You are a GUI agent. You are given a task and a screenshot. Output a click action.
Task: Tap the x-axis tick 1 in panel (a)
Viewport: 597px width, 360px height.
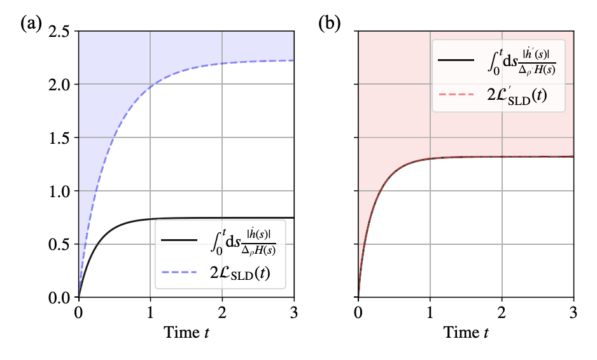pos(150,312)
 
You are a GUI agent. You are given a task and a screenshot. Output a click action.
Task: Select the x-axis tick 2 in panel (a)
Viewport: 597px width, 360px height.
pos(222,312)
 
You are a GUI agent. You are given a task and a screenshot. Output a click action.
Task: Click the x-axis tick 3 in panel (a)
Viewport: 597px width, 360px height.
pos(293,312)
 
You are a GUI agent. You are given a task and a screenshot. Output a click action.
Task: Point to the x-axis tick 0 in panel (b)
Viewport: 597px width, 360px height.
pos(358,312)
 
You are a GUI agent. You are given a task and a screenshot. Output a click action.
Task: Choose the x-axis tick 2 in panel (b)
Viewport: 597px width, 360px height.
pos(502,312)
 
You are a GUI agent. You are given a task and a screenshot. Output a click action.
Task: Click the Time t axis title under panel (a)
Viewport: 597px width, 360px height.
pos(186,333)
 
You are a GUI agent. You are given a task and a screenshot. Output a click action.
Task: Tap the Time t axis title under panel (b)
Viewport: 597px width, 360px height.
pos(466,333)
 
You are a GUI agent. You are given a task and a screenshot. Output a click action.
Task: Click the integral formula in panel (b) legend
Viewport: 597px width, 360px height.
pos(519,60)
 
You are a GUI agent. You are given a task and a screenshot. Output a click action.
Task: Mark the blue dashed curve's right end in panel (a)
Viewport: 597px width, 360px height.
pos(293,60)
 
